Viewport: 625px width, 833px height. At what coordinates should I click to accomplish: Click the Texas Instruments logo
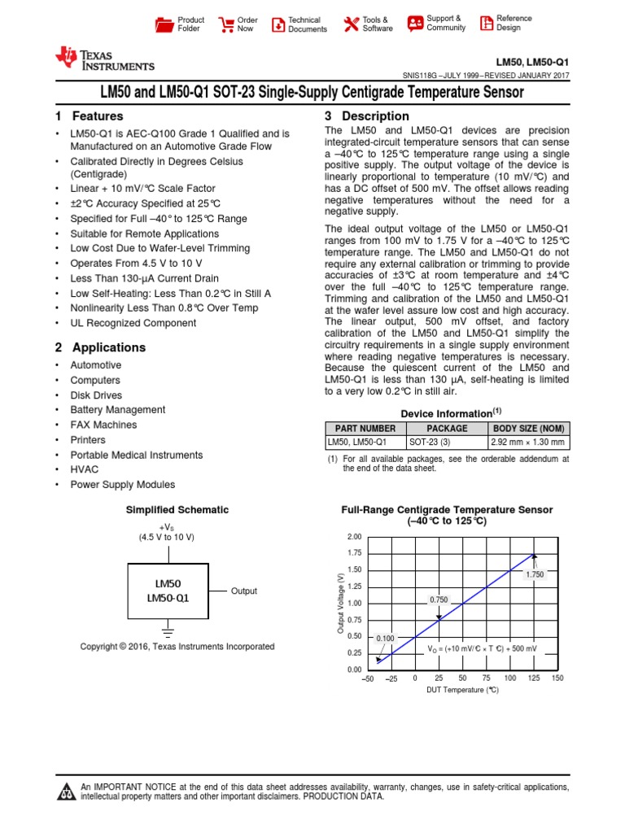104,58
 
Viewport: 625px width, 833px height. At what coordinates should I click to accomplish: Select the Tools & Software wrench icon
351,24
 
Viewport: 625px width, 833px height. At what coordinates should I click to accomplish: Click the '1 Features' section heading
90,116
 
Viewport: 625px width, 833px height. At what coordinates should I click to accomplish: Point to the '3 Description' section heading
367,116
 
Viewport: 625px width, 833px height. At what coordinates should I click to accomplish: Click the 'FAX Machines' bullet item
103,425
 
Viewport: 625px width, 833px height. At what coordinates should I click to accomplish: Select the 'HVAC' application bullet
84,469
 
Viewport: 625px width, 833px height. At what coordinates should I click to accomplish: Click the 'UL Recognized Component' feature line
133,323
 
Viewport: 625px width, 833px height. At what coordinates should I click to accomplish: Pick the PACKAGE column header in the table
447,428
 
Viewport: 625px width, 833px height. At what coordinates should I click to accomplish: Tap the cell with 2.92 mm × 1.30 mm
527,443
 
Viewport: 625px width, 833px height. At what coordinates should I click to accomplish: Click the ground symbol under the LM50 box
168,629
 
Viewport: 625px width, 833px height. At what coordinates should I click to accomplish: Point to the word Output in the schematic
244,591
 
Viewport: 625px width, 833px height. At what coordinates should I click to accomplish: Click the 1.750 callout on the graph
534,574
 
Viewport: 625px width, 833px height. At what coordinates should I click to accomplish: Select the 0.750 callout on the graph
439,600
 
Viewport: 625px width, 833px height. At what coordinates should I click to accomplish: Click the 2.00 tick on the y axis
354,537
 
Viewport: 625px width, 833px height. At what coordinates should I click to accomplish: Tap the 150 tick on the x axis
557,678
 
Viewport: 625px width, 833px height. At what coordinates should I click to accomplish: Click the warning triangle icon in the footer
66,792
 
